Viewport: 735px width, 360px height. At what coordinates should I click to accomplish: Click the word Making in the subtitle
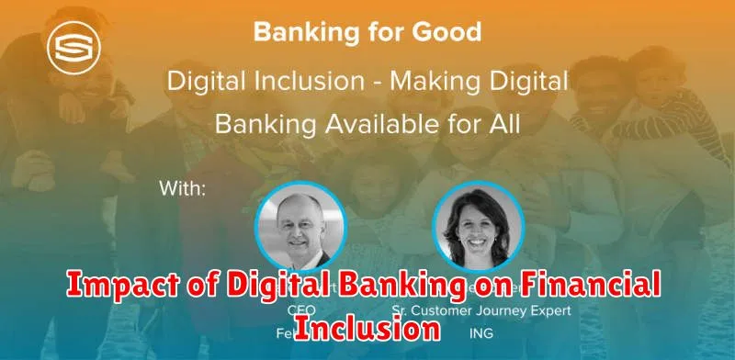(x=431, y=81)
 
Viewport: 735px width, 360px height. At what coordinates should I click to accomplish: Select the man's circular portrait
(x=300, y=225)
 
